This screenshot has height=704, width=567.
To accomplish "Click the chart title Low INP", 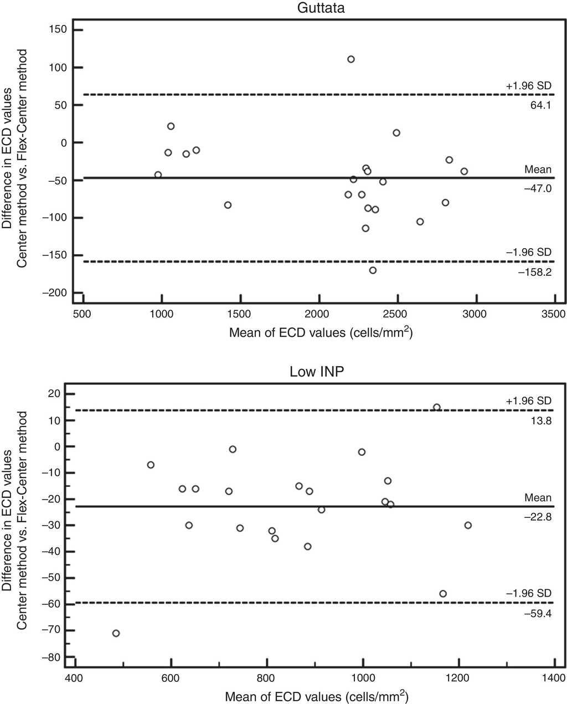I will (317, 371).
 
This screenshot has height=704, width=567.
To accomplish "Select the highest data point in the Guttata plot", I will (350, 59).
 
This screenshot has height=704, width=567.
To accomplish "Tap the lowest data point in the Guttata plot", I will (373, 270).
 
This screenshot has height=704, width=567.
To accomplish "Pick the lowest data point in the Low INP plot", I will (116, 633).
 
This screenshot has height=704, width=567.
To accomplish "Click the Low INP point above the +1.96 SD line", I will (436, 407).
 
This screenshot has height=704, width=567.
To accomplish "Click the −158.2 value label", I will (537, 272).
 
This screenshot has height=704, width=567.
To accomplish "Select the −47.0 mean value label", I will (538, 188).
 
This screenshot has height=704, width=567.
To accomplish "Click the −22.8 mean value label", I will (538, 517).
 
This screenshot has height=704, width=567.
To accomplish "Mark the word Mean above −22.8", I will (538, 497).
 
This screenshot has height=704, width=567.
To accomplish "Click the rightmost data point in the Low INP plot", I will (468, 525).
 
